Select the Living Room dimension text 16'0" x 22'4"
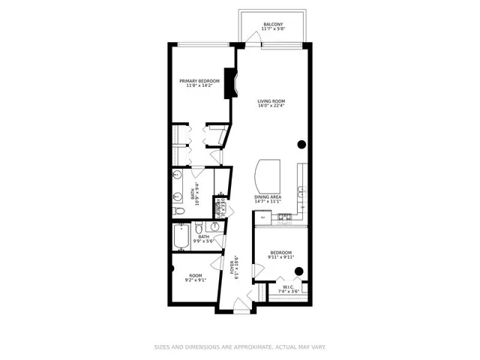coord(271,106)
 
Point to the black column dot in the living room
coord(301,144)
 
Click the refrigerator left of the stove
coord(262,217)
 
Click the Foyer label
coord(234,268)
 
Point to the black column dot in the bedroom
coord(298,271)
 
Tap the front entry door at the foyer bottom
coord(241,304)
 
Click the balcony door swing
coord(250,41)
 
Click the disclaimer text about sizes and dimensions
coord(239,346)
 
